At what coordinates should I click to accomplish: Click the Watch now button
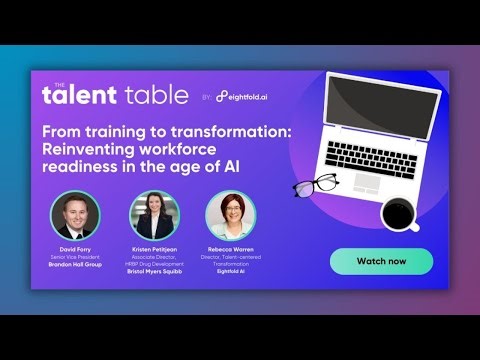pyautogui.click(x=381, y=261)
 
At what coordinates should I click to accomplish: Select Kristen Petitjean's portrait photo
pyautogui.click(x=152, y=214)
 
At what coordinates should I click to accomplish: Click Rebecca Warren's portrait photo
pyautogui.click(x=230, y=214)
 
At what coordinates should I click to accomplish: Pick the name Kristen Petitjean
pyautogui.click(x=152, y=249)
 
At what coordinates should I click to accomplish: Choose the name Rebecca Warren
pyautogui.click(x=230, y=249)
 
